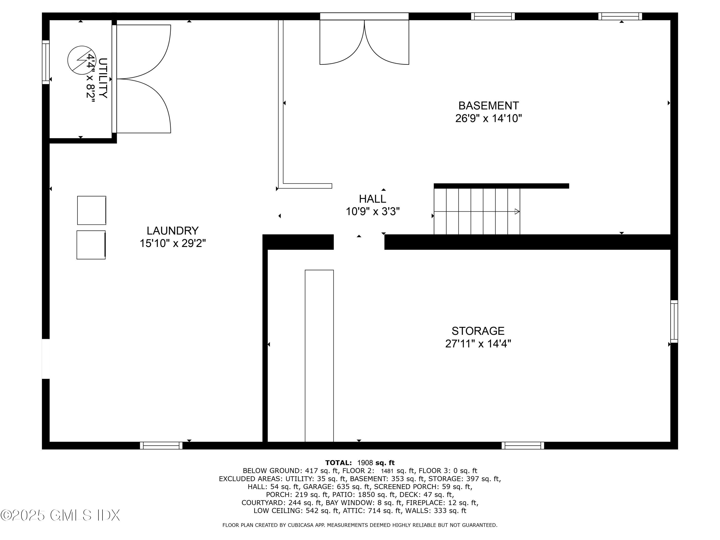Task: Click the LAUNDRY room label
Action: (173, 231)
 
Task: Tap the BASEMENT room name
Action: (488, 106)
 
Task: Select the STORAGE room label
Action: (478, 331)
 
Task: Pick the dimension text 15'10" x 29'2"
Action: (173, 243)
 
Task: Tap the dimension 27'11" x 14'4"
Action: (478, 344)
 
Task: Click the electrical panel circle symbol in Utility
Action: (81, 60)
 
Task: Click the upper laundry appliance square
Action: (91, 210)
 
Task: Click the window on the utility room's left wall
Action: (46, 62)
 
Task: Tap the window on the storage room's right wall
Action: (674, 322)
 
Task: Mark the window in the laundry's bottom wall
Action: (161, 446)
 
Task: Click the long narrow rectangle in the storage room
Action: (319, 355)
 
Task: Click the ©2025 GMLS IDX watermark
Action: (60, 515)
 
